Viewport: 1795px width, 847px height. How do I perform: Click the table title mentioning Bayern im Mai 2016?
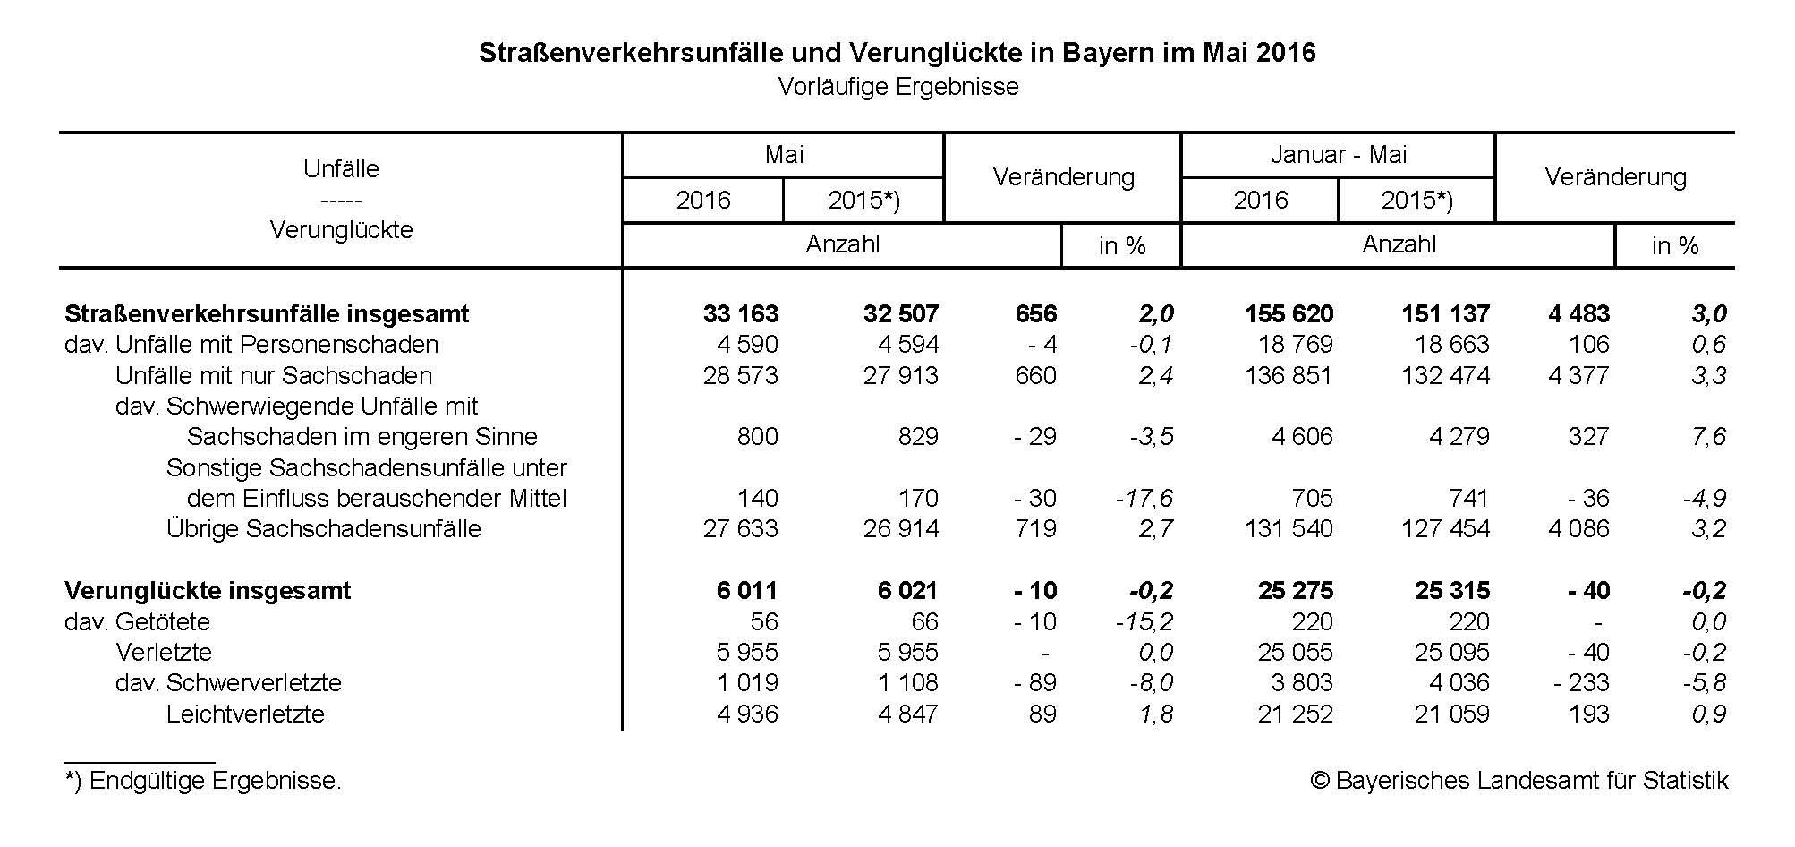897,53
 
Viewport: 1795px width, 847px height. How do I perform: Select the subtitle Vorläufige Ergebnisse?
897,87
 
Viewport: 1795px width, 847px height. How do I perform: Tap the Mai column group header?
784,155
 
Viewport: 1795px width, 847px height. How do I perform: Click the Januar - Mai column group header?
1339,155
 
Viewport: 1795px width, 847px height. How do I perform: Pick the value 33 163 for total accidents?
741,314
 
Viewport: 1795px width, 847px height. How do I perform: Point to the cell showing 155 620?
1289,314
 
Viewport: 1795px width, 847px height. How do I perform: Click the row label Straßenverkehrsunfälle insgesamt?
267,314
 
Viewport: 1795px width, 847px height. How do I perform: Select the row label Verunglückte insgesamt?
208,591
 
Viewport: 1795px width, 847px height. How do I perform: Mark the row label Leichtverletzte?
245,714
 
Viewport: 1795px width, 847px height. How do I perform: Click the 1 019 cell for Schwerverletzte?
747,683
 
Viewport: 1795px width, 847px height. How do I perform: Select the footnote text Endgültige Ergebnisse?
203,781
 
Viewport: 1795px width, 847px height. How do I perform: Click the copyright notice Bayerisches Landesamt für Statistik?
1519,781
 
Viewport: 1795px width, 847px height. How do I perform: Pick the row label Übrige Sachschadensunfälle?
323,529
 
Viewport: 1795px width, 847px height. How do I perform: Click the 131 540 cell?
1289,529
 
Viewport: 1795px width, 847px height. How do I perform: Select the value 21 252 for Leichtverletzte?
1295,714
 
